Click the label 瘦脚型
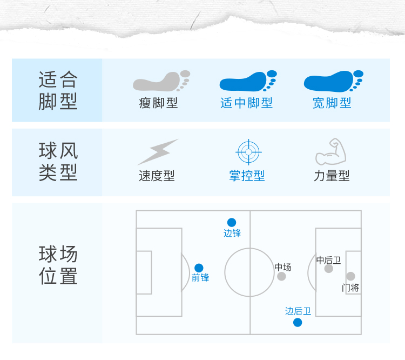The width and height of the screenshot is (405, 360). [158, 103]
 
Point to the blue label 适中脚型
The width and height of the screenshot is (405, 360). [247, 103]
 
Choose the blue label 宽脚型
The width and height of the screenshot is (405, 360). [332, 103]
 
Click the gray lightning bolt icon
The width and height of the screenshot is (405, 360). [158, 152]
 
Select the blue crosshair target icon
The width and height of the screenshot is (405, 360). [248, 152]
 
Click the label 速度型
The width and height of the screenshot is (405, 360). [157, 176]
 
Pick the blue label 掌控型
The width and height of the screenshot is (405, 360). [247, 176]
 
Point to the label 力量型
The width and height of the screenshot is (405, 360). [332, 176]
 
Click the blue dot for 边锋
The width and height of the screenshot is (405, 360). [232, 222]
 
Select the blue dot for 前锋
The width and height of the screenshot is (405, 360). [199, 268]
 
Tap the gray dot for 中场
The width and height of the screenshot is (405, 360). [281, 276]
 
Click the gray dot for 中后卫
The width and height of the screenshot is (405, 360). [328, 269]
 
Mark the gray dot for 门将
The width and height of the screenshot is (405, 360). [350, 276]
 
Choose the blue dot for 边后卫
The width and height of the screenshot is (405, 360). [298, 323]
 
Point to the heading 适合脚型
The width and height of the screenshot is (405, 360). [58, 90]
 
